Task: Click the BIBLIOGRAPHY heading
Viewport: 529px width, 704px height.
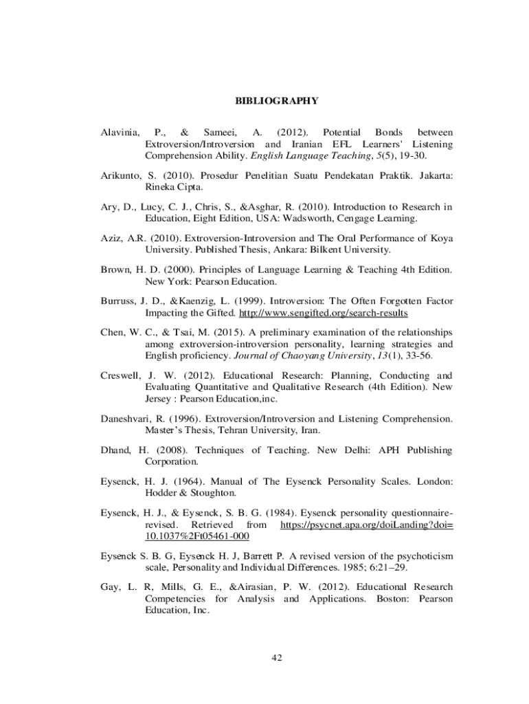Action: click(276, 101)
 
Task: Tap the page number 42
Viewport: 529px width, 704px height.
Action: click(277, 658)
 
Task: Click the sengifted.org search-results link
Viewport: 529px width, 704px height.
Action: click(323, 313)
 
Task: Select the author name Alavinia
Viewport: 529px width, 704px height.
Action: click(120, 131)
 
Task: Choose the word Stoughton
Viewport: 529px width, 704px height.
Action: click(213, 493)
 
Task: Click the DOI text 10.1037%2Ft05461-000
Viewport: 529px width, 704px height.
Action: click(196, 536)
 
